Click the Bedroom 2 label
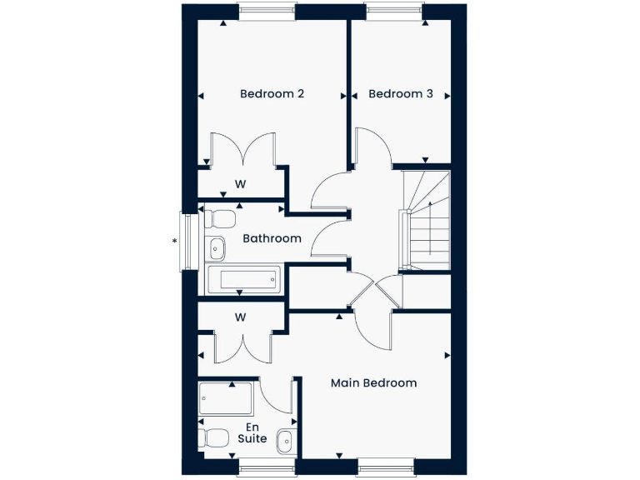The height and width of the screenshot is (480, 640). [272, 94]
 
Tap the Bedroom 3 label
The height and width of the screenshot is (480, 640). [401, 94]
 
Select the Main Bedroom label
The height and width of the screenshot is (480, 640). [373, 383]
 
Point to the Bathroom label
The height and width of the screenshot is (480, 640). [272, 238]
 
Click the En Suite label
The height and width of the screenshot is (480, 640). [252, 432]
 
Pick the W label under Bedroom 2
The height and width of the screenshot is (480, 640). [240, 183]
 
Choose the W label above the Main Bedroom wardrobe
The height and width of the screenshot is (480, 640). [240, 317]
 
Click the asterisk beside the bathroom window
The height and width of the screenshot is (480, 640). [174, 242]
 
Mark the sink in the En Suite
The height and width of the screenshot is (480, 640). [286, 439]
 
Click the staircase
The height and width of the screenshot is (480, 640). [426, 222]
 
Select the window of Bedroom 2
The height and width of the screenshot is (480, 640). [267, 12]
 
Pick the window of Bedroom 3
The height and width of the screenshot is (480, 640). [394, 12]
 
